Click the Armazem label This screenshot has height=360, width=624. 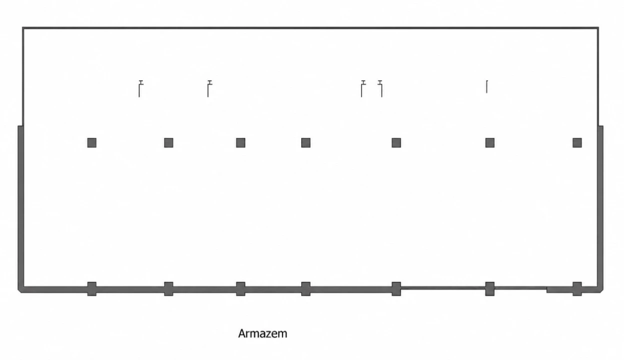tap(262, 333)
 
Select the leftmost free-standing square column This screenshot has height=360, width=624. tap(92, 143)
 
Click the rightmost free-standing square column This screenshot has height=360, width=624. tap(577, 143)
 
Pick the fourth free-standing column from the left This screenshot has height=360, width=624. tap(306, 143)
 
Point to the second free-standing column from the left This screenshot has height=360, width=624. tap(169, 143)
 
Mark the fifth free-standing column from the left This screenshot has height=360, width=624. tap(396, 143)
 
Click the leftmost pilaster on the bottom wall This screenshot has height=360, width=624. tap(92, 289)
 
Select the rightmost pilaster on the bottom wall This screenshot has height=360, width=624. tap(577, 289)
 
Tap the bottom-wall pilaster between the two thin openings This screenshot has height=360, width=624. tap(490, 289)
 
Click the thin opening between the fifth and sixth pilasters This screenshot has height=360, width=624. tap(443, 288)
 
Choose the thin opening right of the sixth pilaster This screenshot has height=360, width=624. tap(521, 288)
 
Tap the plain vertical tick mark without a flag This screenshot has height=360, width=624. tap(487, 86)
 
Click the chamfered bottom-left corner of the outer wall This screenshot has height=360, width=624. tap(19, 291)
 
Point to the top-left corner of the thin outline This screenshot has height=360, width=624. tap(23, 28)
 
